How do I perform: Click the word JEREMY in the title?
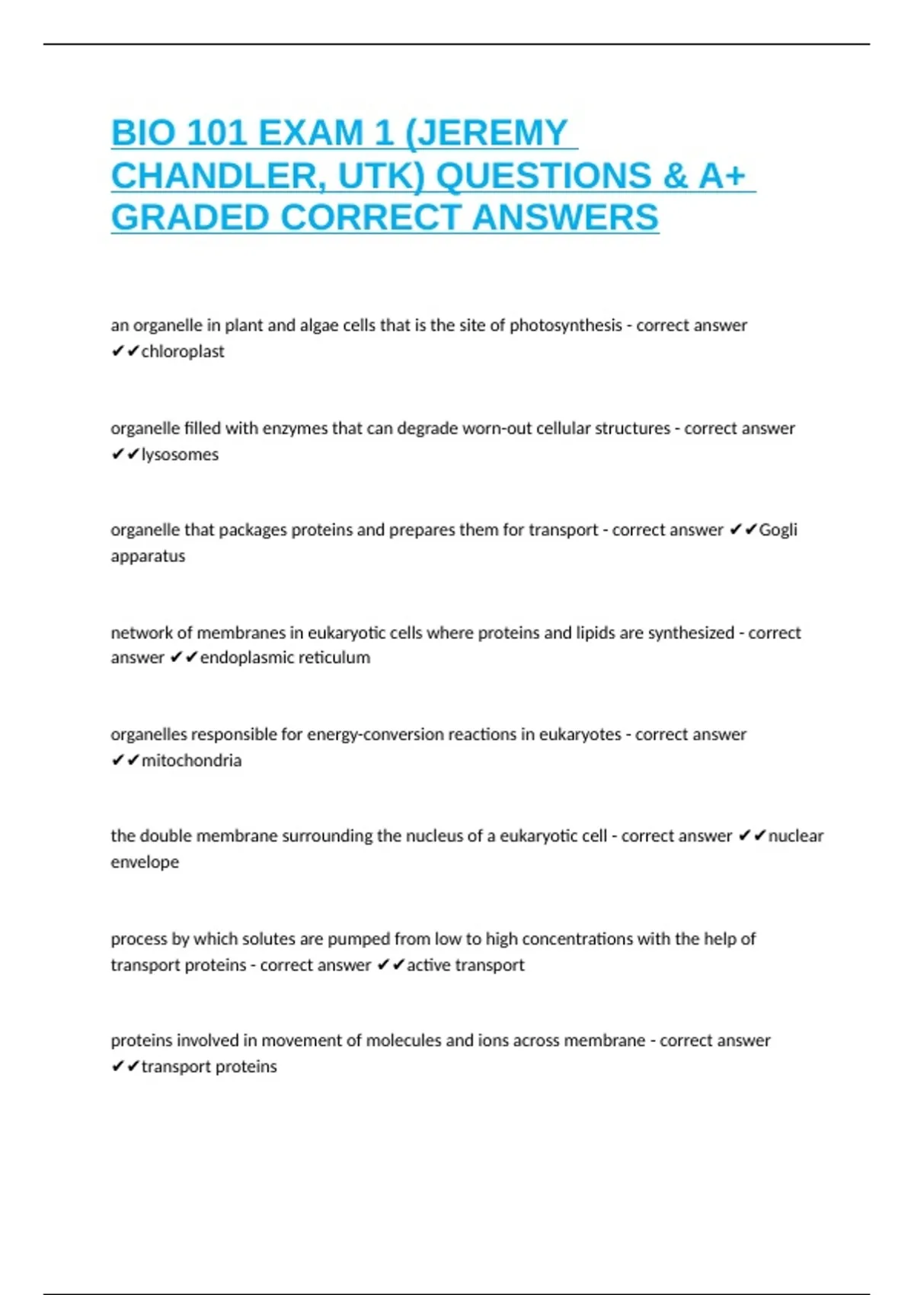click(493, 133)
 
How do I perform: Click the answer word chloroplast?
click(183, 351)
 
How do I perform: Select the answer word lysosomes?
click(180, 454)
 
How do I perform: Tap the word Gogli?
click(778, 529)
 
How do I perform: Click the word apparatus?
click(148, 555)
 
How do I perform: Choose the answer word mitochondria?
click(191, 760)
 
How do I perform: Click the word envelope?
click(145, 862)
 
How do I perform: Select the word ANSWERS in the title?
click(565, 218)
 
